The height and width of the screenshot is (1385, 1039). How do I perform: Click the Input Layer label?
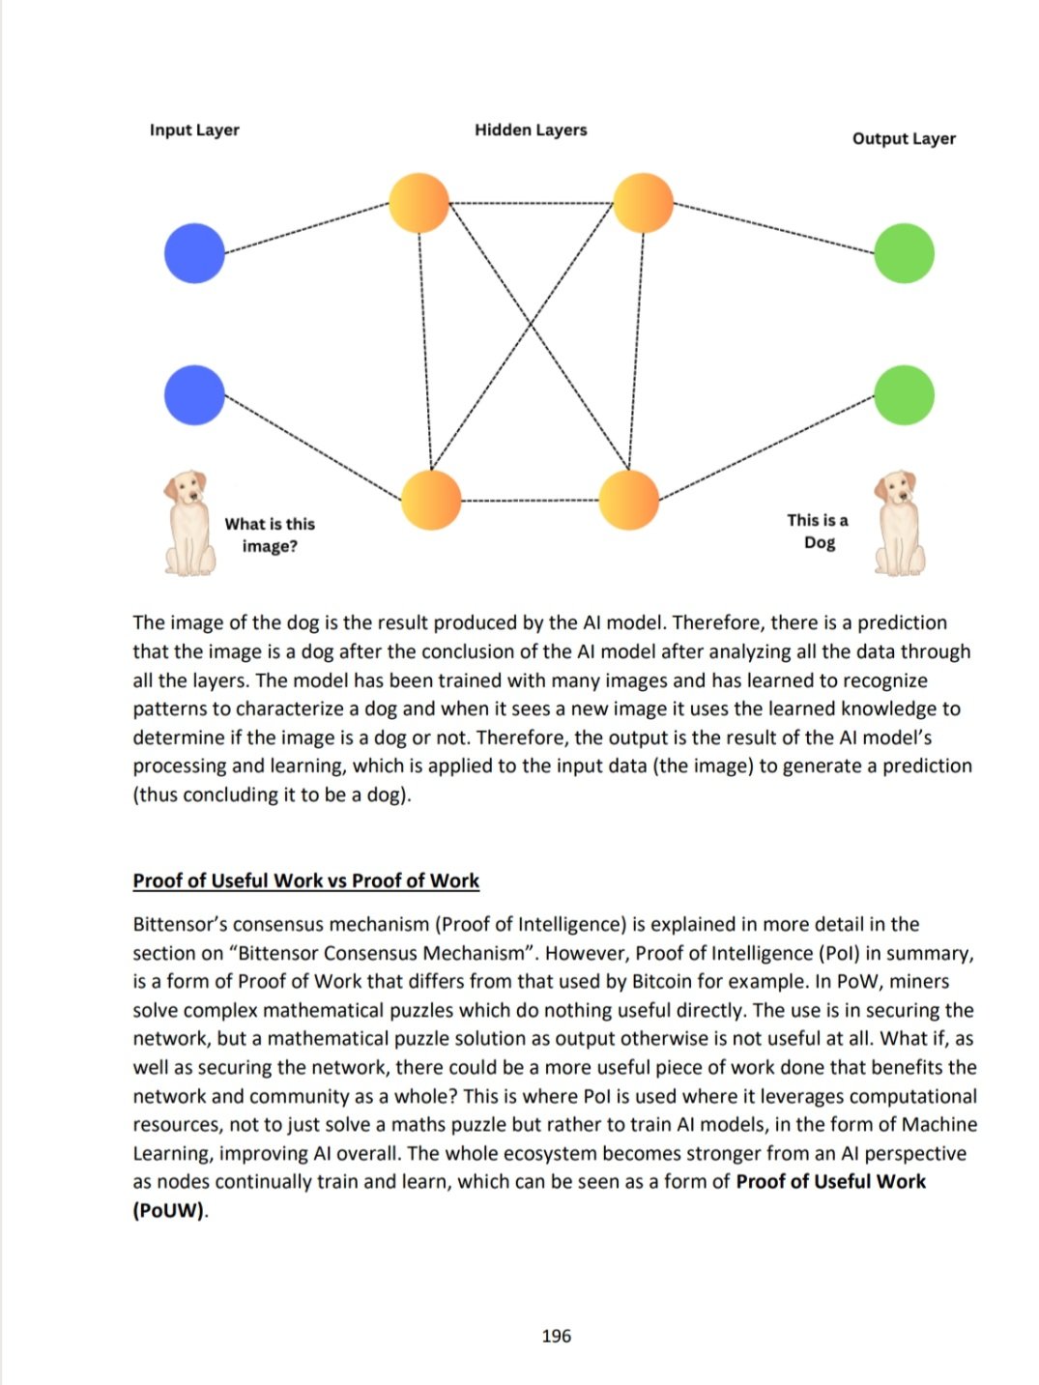[x=194, y=130]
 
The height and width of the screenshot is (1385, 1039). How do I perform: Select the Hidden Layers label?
[x=531, y=130]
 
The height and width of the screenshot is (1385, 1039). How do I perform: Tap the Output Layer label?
[x=904, y=138]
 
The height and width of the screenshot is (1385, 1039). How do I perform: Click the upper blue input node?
[x=194, y=253]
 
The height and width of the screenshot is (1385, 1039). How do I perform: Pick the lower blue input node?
[x=194, y=394]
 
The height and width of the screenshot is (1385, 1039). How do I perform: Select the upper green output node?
[x=904, y=253]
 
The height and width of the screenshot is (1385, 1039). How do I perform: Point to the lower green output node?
[x=904, y=394]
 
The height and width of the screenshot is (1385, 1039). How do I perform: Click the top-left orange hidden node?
[x=419, y=203]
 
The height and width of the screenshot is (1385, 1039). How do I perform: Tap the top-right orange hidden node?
[x=643, y=203]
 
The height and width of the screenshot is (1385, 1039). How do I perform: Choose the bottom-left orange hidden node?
[x=431, y=500]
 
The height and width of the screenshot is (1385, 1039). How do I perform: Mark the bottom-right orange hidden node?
[x=629, y=500]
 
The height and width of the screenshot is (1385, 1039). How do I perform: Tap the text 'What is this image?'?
[x=270, y=534]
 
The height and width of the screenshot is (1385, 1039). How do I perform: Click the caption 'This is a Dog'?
[x=819, y=531]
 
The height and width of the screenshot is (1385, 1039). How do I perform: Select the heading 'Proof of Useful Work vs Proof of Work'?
[x=305, y=880]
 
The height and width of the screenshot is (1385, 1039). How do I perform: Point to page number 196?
[x=556, y=1336]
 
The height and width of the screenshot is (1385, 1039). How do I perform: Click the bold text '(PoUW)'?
[x=169, y=1210]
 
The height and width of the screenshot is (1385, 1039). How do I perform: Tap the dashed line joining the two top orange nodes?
[x=532, y=203]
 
